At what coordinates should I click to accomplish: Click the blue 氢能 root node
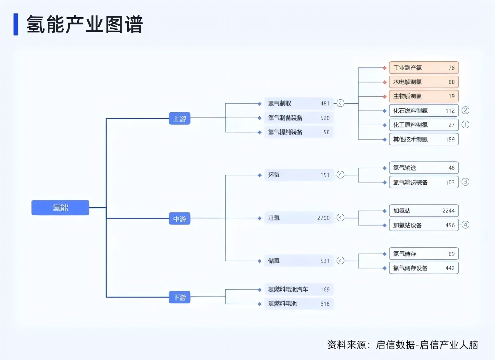coord(60,208)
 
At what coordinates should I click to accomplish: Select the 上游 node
coord(179,118)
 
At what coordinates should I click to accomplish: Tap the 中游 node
coord(179,219)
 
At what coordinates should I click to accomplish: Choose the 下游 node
coord(179,297)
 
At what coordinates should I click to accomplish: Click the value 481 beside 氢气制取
coord(325,104)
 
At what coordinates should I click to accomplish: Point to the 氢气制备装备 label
coord(285,118)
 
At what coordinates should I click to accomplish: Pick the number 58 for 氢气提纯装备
coord(326,132)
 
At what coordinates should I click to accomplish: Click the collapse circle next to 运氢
coord(340,175)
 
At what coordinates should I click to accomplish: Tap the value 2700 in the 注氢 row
coord(323,218)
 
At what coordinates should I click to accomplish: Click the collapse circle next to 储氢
coord(340,261)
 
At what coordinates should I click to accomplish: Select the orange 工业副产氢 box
coord(424,68)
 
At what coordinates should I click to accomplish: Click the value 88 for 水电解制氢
coord(451,82)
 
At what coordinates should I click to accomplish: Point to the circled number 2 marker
coord(465,110)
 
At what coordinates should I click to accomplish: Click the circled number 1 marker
coord(465,125)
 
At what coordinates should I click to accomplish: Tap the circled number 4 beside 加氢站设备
coord(465,225)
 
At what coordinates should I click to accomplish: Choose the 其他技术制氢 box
coord(424,139)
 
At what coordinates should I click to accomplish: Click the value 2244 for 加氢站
coord(448,211)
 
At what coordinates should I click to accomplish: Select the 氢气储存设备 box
coord(424,268)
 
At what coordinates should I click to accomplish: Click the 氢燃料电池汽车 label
coord(288,289)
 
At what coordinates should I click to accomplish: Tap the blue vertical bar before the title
coord(16,24)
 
